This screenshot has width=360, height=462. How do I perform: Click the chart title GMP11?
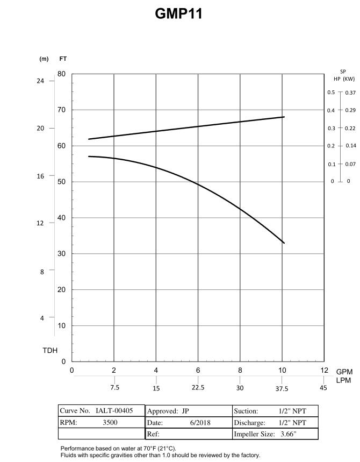click(178, 14)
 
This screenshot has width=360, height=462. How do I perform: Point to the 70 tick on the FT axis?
click(62, 110)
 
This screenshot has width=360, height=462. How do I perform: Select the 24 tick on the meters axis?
click(40, 81)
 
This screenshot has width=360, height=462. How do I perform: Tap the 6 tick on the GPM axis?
click(198, 371)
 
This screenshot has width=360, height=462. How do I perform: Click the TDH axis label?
click(50, 351)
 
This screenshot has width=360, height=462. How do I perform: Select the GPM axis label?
click(344, 372)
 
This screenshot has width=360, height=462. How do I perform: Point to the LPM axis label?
click(344, 381)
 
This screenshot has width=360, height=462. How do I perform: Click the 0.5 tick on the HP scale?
click(331, 93)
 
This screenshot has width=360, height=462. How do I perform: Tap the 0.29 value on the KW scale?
click(350, 110)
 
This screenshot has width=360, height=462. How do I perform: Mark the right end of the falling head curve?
click(284, 243)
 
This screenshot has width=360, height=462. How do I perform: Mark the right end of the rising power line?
click(284, 117)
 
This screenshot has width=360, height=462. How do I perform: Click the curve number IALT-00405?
click(115, 411)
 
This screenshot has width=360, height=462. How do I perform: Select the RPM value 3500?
click(110, 423)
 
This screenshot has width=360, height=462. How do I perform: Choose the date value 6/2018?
click(200, 423)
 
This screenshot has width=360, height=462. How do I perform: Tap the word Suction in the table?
click(246, 411)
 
